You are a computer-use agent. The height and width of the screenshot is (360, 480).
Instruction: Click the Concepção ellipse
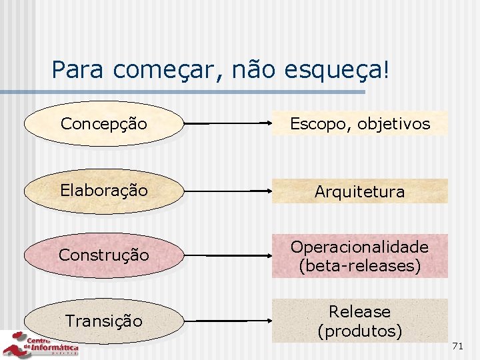[x=103, y=123]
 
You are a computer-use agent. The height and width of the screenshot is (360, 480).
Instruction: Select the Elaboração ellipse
[x=103, y=191]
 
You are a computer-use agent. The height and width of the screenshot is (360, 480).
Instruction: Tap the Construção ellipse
[x=103, y=255]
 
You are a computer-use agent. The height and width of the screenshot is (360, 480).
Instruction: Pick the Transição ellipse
[x=103, y=321]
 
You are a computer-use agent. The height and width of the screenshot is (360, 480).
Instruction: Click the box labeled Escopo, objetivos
[x=360, y=124]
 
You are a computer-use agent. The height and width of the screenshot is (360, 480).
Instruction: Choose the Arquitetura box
[x=360, y=192]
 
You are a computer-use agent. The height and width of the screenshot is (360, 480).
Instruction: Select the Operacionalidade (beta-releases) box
[x=360, y=256]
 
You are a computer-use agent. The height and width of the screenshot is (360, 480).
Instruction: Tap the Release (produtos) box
[x=360, y=321]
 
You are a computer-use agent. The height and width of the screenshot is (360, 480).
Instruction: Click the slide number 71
[x=457, y=346]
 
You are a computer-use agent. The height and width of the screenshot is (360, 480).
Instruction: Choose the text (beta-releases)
[x=360, y=266]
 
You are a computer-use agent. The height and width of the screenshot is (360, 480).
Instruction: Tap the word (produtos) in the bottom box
[x=360, y=331]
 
